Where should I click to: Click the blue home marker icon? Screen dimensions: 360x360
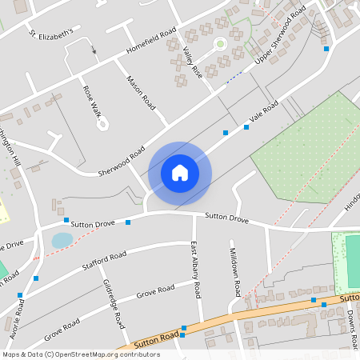click(180, 172)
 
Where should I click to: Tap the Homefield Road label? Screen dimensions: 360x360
click(150, 44)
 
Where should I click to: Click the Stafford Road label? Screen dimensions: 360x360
click(104, 259)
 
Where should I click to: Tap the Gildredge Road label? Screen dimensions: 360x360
click(114, 304)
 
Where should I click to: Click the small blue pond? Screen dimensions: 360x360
click(62, 240)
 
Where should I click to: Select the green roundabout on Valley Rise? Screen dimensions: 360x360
click(219, 45)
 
